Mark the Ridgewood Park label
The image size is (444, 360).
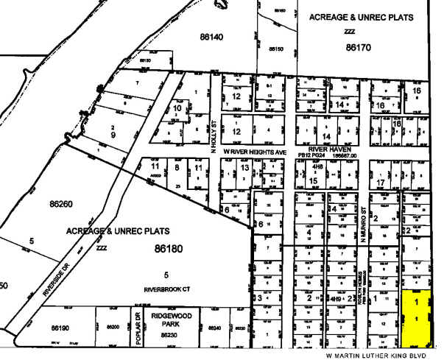tap(172, 319)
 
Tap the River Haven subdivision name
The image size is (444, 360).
tap(328, 147)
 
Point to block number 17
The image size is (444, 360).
tap(381, 182)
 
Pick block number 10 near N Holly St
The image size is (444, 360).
tap(177, 108)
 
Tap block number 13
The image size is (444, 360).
tap(244, 168)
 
